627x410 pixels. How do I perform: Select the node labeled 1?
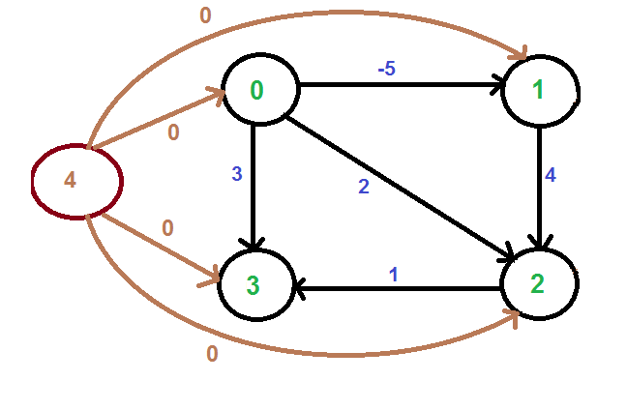[540, 91]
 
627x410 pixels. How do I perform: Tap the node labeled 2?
[538, 283]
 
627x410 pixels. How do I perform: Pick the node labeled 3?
[254, 285]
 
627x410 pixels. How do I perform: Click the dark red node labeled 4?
[75, 181]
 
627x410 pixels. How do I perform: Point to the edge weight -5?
[388, 70]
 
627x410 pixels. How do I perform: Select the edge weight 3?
[236, 175]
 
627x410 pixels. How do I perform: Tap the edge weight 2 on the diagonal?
[364, 187]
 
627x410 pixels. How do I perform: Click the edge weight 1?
[394, 274]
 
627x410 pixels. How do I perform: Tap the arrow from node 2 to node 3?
[397, 287]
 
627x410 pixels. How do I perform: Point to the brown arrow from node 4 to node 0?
[155, 120]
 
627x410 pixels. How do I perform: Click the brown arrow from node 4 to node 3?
[155, 248]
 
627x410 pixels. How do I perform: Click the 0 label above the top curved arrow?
[204, 15]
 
